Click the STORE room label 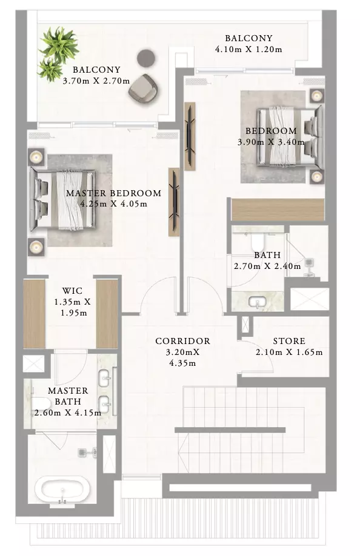(x=289, y=341)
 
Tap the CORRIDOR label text (x=182, y=341)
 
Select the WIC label (x=72, y=291)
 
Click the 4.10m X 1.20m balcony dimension (x=248, y=49)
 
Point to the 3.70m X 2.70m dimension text (x=96, y=81)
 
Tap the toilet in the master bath (x=41, y=404)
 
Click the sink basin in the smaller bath (x=258, y=303)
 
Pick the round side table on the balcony (x=146, y=58)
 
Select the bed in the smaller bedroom (x=290, y=136)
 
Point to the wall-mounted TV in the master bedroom (x=174, y=202)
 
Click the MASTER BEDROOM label (x=113, y=193)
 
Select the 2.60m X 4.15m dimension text (x=68, y=413)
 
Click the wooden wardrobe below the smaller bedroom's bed (x=278, y=210)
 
